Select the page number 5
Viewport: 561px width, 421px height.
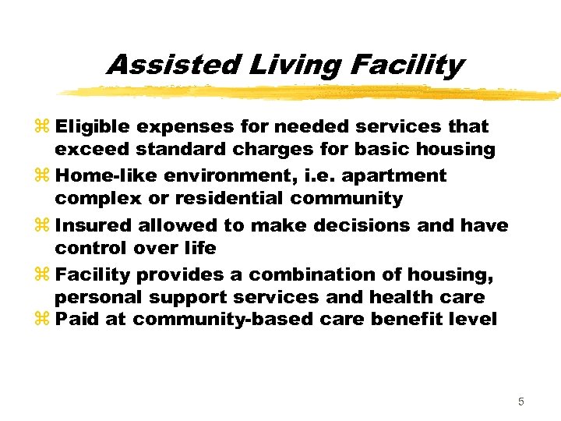(521, 402)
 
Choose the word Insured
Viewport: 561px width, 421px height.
(94, 225)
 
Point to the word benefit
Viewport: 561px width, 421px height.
(409, 320)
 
